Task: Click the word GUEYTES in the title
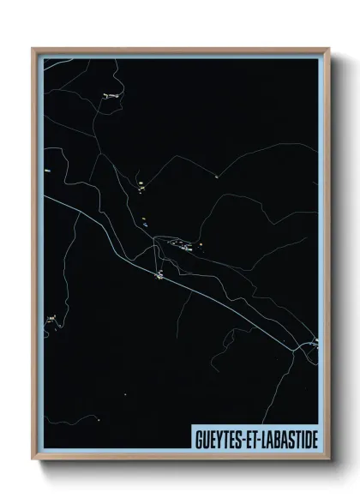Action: [x=218, y=439]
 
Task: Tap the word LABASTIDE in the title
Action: [x=286, y=439]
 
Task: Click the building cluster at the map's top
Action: [x=111, y=96]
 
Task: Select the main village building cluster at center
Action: [x=183, y=246]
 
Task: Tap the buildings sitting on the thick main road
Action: [x=159, y=275]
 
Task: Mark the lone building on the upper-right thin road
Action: [x=217, y=177]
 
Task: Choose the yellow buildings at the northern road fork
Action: [x=141, y=184]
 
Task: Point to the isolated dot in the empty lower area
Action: [x=125, y=394]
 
